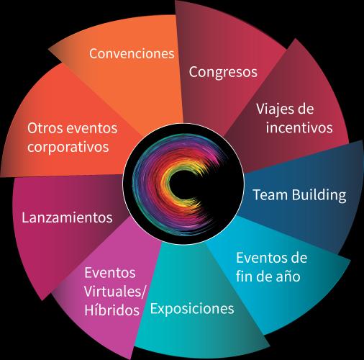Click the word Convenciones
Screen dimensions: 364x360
[x=132, y=53]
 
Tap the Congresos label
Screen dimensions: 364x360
[x=223, y=72]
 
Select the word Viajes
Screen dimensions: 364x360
[x=275, y=109]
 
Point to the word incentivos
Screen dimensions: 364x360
[x=299, y=127]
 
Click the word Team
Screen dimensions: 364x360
[x=270, y=194]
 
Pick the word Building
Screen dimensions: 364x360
[x=319, y=195]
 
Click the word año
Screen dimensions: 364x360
[x=289, y=276]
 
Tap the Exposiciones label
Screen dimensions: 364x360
[x=192, y=310]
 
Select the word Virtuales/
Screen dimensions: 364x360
[x=115, y=292]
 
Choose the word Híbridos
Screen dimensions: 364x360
[x=112, y=310]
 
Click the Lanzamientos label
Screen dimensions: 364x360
[x=67, y=217]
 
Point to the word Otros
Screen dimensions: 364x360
[x=45, y=128]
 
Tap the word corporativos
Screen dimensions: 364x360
[x=68, y=148]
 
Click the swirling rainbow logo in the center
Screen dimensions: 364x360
[x=183, y=184]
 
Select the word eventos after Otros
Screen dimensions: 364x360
[x=92, y=128]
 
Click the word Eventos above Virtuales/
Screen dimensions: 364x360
[x=110, y=273]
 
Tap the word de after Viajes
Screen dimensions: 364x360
[x=305, y=109]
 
